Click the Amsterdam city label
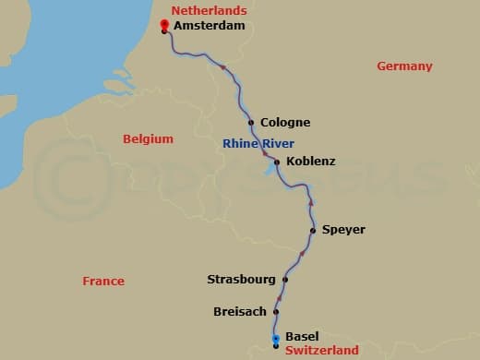pos(210,26)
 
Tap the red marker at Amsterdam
pos(163,24)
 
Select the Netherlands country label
pos(210,11)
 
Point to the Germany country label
pos(404,66)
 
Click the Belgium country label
pos(148,138)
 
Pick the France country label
pos(102,281)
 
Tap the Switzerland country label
pos(320,351)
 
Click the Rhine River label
pos(258,143)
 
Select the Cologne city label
pos(285,122)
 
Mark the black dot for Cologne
pos(251,122)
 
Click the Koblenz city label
pos(311,161)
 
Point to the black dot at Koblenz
pos(277,162)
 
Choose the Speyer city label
pos(343,229)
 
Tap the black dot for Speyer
pos(313,230)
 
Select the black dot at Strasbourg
pos(285,279)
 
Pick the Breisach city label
pos(239,311)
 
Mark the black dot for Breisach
pos(275,311)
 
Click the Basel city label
pos(302,336)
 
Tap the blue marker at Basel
pos(275,340)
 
